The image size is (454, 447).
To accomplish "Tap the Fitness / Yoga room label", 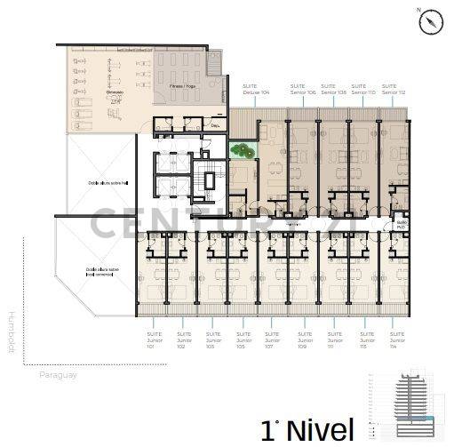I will [x=183, y=87].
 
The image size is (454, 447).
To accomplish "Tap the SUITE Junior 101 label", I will [x=152, y=341].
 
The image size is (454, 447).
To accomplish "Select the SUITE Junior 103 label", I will [x=212, y=341].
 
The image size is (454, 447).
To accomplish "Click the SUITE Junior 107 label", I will [x=273, y=341].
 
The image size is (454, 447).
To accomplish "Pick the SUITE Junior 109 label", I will [x=304, y=341].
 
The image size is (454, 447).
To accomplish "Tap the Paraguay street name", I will [x=59, y=375].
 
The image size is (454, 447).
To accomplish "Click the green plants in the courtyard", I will [x=241, y=152].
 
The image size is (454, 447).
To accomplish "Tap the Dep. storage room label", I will [x=215, y=126].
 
